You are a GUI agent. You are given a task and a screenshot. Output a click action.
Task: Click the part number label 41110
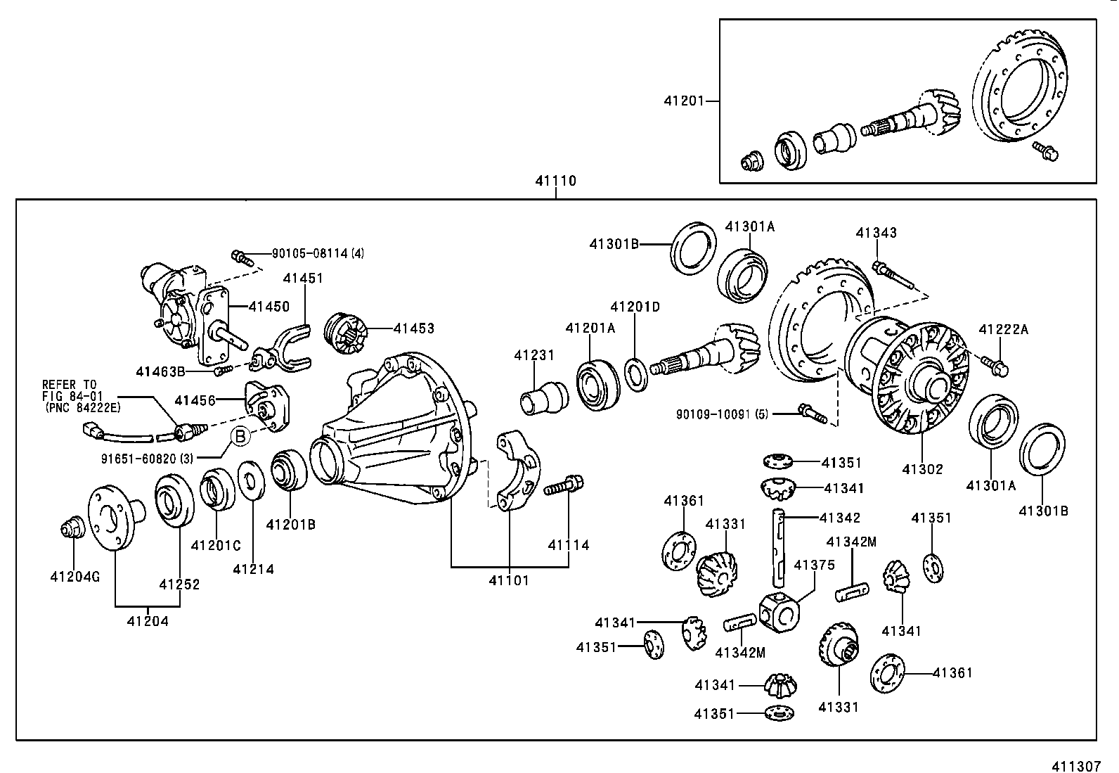pyautogui.click(x=555, y=181)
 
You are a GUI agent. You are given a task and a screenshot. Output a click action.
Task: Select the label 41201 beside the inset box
pyautogui.click(x=683, y=101)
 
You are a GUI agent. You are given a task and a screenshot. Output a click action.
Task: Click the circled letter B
pyautogui.click(x=240, y=437)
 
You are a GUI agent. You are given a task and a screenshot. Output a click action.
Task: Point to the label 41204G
pyautogui.click(x=75, y=577)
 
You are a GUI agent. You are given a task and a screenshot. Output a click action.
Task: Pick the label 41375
pyautogui.click(x=814, y=565)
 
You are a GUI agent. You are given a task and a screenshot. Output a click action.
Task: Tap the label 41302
pyautogui.click(x=922, y=469)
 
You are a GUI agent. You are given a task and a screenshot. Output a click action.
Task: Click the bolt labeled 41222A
pyautogui.click(x=997, y=365)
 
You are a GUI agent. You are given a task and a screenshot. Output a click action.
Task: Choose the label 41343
pyautogui.click(x=876, y=233)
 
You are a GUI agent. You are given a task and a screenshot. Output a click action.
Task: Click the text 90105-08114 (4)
pyautogui.click(x=317, y=253)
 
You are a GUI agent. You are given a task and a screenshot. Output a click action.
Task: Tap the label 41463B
pyautogui.click(x=160, y=371)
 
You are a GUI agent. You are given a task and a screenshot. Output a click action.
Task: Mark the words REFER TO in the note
pyautogui.click(x=69, y=385)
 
